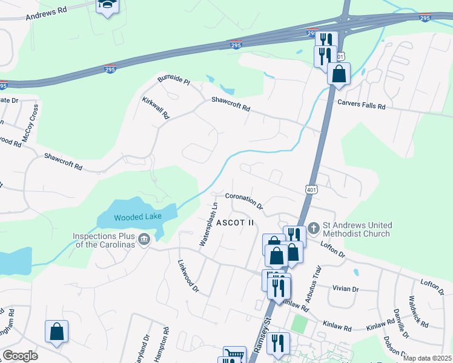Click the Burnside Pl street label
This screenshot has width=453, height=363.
click(173, 80)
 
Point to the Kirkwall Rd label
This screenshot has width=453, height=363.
click(156, 107)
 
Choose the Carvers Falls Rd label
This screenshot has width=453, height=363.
click(362, 105)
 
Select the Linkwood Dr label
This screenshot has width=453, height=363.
click(188, 276)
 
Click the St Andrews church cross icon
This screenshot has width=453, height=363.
click(313, 228)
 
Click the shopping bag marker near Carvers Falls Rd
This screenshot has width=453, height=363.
click(339, 74)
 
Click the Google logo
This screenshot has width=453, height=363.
click(20, 356)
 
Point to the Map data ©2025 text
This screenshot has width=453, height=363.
click(427, 358)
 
